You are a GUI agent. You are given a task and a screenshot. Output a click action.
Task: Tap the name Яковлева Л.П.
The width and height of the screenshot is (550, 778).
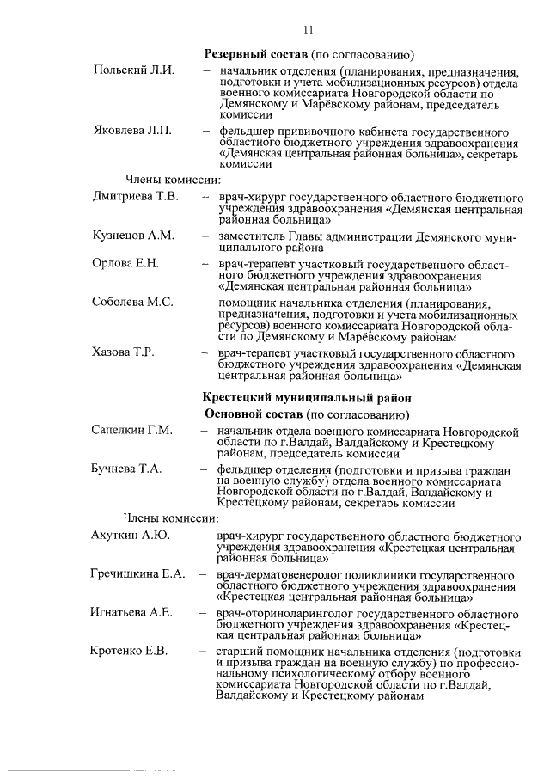pos(132,131)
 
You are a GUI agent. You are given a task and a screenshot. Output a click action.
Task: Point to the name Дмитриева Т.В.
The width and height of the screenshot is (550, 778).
pos(135,197)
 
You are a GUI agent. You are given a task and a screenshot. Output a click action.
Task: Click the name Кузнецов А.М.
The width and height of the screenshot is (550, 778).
pos(133,235)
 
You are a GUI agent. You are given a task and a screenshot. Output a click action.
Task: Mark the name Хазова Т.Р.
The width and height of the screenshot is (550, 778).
pos(125,352)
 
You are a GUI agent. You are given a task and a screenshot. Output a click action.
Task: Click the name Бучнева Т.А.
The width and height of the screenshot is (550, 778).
pos(127,469)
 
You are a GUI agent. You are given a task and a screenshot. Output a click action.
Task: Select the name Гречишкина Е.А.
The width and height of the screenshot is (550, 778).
pos(137,573)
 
